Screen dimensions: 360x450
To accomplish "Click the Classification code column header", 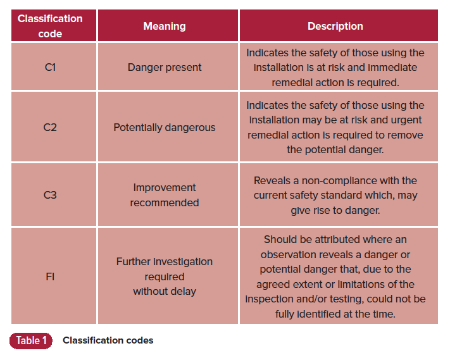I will pos(50,26).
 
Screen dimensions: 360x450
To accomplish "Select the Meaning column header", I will pos(165,26).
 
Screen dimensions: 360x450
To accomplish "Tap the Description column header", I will pos(335,26).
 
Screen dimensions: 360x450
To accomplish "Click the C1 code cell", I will pos(50,67).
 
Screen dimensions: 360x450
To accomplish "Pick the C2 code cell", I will pos(50,127).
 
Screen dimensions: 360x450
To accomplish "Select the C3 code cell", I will pos(50,195).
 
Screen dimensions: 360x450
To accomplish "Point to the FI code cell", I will pos(50,276).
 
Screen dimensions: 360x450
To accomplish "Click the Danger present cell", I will pos(165,67).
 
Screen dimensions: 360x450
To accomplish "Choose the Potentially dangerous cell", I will pos(165,127).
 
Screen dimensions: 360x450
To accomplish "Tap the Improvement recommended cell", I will pos(165,195).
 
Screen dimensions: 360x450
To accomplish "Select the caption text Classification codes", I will pos(108,340).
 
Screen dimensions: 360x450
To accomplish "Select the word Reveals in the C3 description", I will pos(272,180).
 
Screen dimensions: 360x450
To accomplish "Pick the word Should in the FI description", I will pos(280,239).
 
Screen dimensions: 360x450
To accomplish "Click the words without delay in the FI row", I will pos(165,292).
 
